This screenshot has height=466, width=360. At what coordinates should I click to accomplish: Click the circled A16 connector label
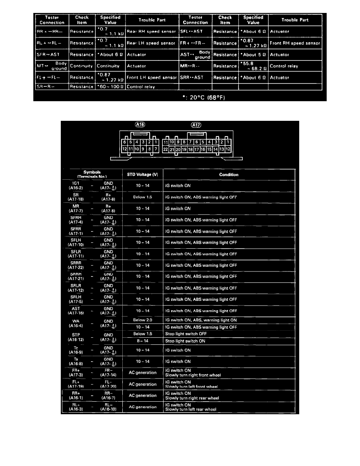click(x=140, y=125)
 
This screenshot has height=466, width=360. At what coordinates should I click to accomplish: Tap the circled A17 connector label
click(x=196, y=125)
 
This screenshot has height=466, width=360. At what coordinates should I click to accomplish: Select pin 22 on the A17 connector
click(x=165, y=149)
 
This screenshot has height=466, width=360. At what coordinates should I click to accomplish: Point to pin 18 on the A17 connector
click(x=191, y=149)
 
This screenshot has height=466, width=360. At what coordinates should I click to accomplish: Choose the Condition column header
click(x=229, y=175)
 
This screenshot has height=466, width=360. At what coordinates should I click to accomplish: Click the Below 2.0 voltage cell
click(x=143, y=320)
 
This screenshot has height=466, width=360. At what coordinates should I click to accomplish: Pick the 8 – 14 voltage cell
click(x=143, y=341)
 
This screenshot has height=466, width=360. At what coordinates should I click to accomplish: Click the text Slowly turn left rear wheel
click(x=191, y=410)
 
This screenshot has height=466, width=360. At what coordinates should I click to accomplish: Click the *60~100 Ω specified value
click(x=110, y=87)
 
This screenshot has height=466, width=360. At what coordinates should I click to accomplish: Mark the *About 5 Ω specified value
click(x=253, y=55)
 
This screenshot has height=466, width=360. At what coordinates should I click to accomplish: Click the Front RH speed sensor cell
click(x=295, y=43)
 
